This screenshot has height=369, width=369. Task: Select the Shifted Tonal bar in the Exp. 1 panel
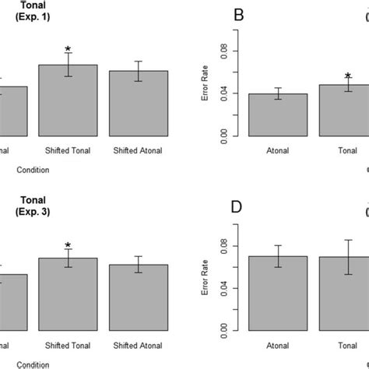[x=68, y=101]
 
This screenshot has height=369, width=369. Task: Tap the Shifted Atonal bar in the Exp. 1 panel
[x=138, y=104]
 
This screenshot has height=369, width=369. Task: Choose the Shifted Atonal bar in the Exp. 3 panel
[x=138, y=297]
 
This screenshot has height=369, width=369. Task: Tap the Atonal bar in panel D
[x=278, y=293]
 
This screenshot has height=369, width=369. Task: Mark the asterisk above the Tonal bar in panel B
[x=348, y=76]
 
